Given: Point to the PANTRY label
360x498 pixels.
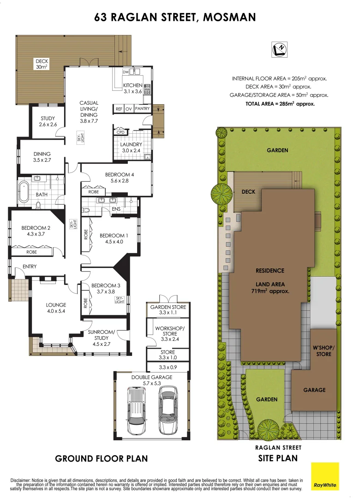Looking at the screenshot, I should [143, 109].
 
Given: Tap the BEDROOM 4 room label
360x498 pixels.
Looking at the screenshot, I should [120, 178].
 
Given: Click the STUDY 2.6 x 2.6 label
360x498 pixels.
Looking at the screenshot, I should [48, 121].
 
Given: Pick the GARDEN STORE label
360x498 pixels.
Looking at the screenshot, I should [168, 310].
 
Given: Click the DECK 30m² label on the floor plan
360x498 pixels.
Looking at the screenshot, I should [42, 64].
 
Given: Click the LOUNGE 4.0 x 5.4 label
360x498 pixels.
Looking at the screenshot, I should [56, 308].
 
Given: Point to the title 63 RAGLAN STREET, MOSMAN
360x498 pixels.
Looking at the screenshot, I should [175, 18].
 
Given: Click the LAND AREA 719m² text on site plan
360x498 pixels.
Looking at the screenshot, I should [270, 288].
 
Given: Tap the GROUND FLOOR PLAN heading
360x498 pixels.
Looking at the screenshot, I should [102, 458].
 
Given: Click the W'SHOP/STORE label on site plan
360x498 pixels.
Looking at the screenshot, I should [324, 351].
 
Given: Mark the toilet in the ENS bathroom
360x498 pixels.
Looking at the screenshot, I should [87, 210].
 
